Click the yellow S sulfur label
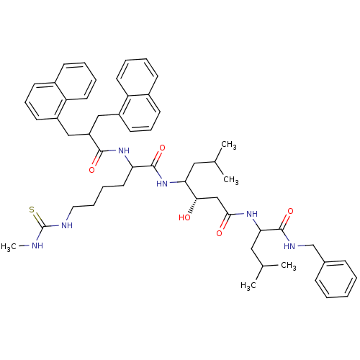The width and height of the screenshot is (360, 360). pos(32,210)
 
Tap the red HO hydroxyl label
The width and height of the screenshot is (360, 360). pos(185,218)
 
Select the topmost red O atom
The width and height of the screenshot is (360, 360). pos(162,148)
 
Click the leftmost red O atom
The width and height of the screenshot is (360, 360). pos(91,171)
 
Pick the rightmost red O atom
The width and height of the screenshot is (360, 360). pos(290,212)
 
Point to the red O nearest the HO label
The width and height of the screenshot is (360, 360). pos(219,233)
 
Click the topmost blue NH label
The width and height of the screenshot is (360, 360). pos(124,150)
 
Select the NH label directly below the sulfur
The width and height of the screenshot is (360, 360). pos(37,246)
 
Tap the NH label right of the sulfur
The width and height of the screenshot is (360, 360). pos(67,225)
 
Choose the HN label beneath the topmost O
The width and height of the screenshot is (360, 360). pos(162,184)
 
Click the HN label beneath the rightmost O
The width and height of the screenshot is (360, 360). pos(289,246)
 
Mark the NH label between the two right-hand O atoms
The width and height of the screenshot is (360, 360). pos(252,214)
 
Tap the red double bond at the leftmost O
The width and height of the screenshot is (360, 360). pos(95,163)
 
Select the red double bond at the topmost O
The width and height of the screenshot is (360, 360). pos(158,155)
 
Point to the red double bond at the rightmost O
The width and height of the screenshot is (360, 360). pos(287,218)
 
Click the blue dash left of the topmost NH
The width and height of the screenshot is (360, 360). pos(112,150)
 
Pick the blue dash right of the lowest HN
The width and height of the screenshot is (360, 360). pos(302,246)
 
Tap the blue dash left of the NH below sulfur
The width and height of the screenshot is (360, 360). pos(27,246)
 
